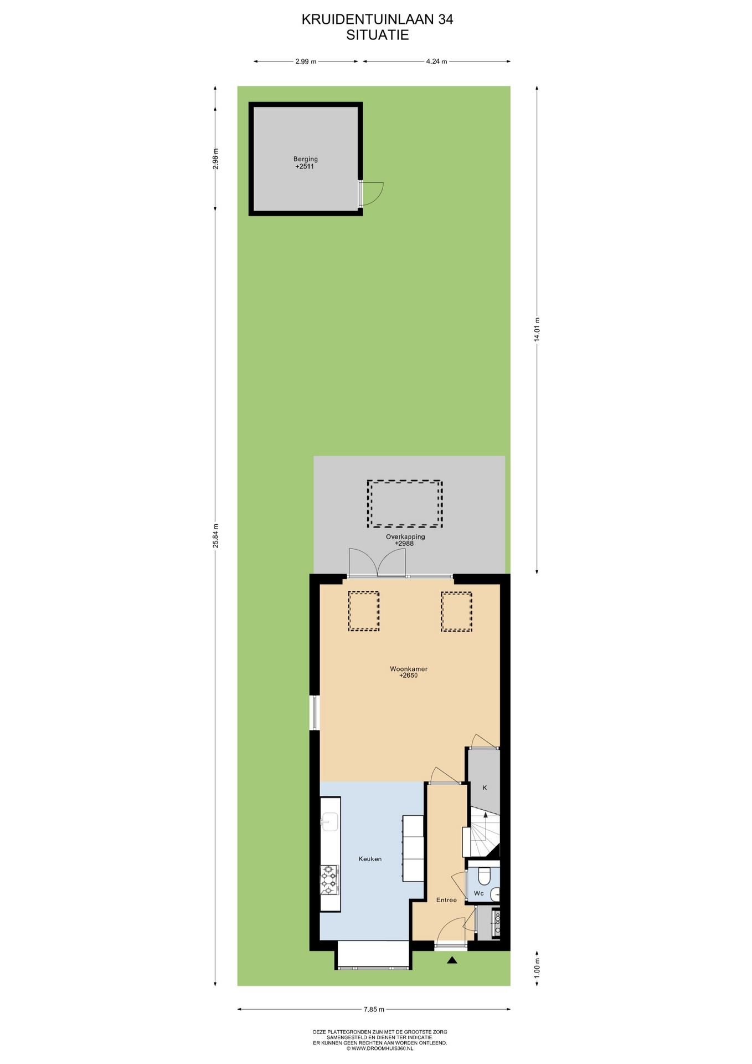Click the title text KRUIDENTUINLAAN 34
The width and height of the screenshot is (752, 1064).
377,19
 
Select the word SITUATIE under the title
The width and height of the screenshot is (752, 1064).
377,35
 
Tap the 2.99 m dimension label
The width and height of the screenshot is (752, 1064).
306,62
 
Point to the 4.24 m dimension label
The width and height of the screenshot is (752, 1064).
436,62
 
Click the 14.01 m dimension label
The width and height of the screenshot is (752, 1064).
537,330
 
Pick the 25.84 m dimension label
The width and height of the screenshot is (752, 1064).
215,536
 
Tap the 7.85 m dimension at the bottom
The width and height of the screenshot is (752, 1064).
374,1009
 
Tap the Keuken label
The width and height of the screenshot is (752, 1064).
370,859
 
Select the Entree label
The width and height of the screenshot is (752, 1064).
446,900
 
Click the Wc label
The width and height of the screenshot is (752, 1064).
479,893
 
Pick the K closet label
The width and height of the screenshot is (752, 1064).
485,787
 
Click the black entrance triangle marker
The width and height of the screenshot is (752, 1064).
452,960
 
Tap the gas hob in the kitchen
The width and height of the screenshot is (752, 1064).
330,880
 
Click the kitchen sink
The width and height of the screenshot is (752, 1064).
329,822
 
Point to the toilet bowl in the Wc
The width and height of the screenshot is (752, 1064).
484,876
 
